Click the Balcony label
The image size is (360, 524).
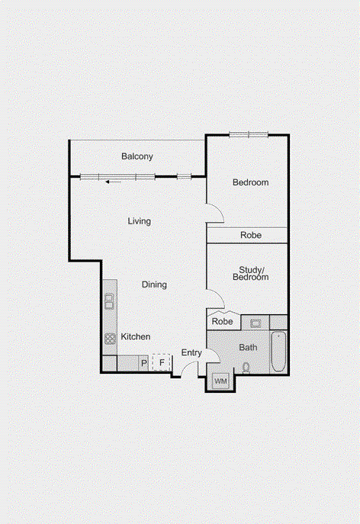[137, 156]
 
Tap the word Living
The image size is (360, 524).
[139, 221]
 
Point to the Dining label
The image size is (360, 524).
[154, 285]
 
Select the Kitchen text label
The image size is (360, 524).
[136, 336]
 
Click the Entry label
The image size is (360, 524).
[191, 352]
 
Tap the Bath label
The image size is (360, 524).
[248, 347]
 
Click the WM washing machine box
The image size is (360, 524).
[220, 380]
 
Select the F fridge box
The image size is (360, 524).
[162, 363]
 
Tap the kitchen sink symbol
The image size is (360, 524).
[110, 300]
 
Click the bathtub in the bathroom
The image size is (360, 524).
[279, 352]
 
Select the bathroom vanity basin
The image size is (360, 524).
[256, 323]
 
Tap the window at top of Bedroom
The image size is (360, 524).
[249, 135]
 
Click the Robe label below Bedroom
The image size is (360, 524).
[251, 236]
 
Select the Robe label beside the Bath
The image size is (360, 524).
[222, 322]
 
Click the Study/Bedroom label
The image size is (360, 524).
[254, 273]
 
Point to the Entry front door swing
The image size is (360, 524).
[182, 369]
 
